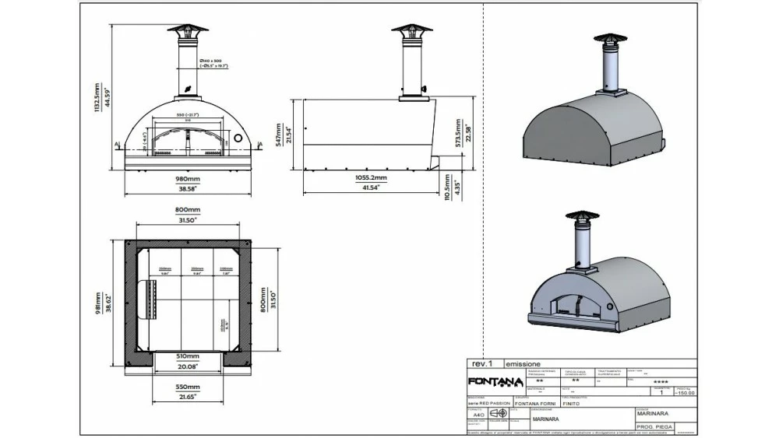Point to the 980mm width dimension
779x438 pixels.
pos(187,179)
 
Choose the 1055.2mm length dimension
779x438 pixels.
pos(371,177)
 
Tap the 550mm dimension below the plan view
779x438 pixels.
pos(187,387)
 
